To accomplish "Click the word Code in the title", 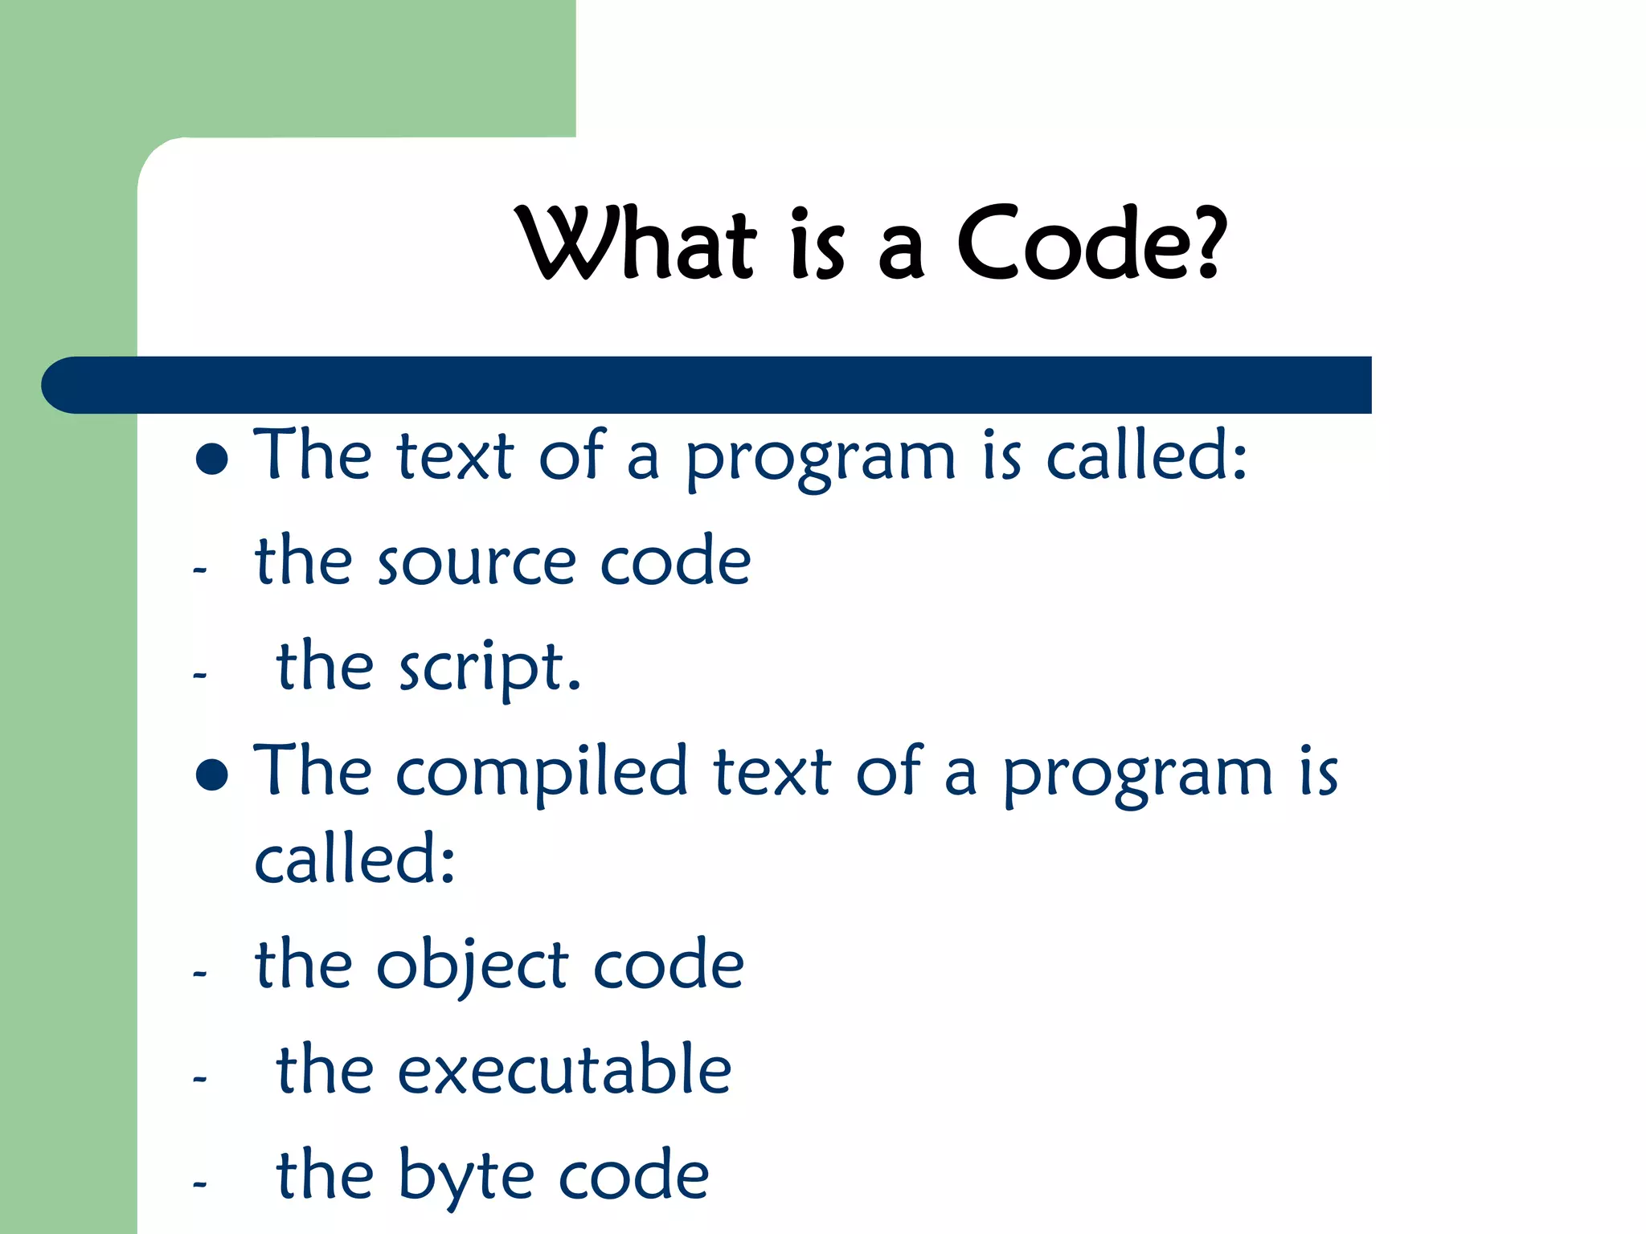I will pos(1073,244).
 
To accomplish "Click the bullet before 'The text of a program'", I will pos(212,459).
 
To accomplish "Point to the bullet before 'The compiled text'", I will pos(212,775).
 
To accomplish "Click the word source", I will pos(477,562).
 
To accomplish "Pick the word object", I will pos(473,966).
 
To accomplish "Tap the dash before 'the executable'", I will pos(200,1078).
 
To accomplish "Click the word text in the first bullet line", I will pos(455,456).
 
